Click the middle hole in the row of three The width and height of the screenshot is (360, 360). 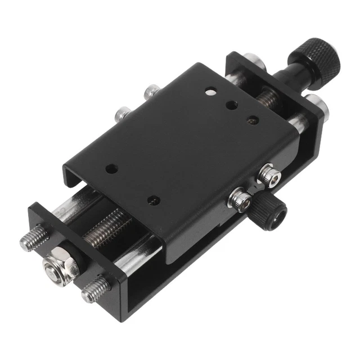click(x=231, y=104)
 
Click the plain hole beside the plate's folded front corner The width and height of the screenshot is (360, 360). click(x=151, y=199)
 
